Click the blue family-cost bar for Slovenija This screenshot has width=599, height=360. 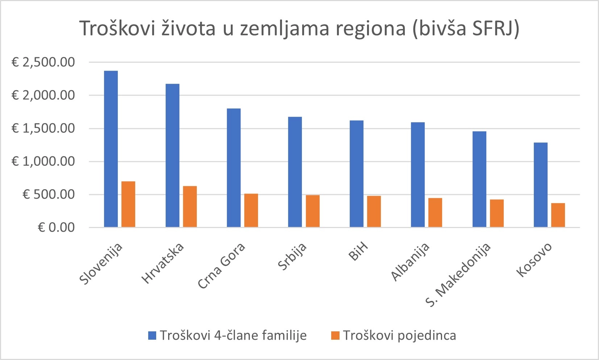(111, 149)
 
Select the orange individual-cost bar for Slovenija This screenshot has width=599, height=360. (128, 204)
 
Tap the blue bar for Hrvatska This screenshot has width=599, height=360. (172, 156)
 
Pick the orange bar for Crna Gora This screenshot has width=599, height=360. (251, 211)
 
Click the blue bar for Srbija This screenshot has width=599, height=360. (295, 172)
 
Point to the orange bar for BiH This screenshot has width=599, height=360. (374, 212)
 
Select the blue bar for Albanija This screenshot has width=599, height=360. (418, 175)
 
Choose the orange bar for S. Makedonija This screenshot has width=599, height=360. (497, 214)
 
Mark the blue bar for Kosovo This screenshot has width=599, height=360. (541, 185)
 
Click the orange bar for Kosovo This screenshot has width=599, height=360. (558, 215)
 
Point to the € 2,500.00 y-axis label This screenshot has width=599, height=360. (43, 62)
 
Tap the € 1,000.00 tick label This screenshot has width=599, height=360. (43, 161)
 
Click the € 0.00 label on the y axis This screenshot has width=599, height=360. (56, 227)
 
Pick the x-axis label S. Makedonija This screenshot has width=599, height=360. (458, 274)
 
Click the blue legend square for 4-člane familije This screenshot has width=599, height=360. (152, 335)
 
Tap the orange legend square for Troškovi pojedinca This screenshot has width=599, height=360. (335, 335)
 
